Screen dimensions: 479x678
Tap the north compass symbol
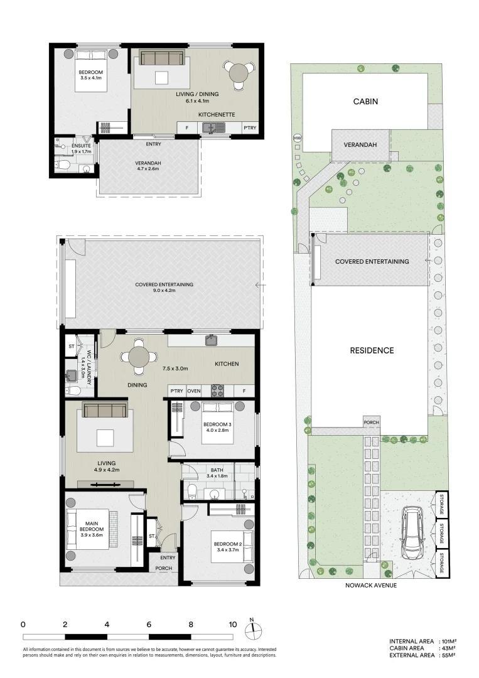click(254, 630)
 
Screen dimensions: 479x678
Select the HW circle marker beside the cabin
click(297, 138)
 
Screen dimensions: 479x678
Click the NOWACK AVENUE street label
click(371, 585)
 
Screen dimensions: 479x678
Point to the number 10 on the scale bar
click(232, 624)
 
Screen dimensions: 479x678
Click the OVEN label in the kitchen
click(194, 391)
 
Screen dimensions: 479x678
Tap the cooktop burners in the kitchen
click(217, 391)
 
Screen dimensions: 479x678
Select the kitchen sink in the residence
click(211, 340)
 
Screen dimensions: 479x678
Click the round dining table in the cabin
click(238, 73)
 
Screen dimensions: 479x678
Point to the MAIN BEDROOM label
click(92, 529)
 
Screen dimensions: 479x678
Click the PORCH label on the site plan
click(372, 422)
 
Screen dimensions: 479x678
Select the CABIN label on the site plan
click(365, 102)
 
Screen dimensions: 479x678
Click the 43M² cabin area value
click(448, 648)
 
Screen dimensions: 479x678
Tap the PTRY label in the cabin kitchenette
click(249, 128)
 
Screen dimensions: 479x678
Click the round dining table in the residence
click(139, 357)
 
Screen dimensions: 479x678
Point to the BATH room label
click(217, 470)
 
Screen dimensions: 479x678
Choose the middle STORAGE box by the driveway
click(442, 534)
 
